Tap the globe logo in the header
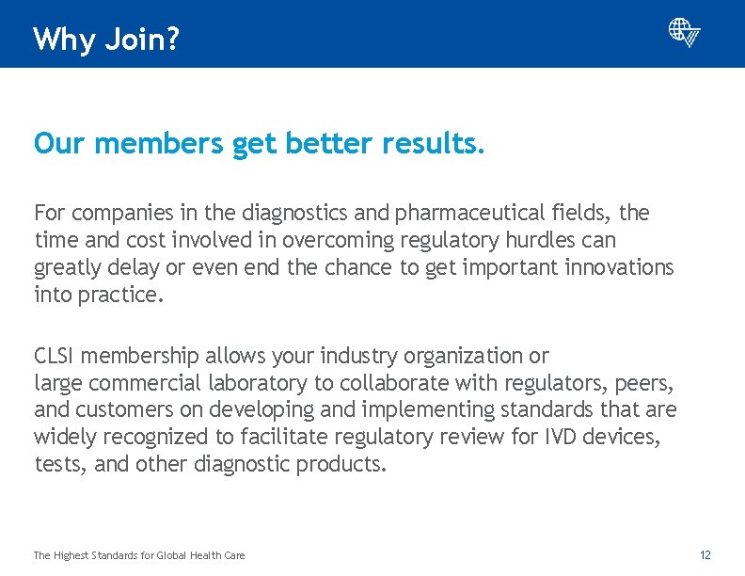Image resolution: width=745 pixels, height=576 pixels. coord(684,33)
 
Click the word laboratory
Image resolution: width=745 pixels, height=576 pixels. coord(255,383)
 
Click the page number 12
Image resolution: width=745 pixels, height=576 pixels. coord(705,555)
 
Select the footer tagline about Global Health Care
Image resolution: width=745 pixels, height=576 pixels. coord(139,555)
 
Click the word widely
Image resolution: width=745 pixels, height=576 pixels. coord(63,437)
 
